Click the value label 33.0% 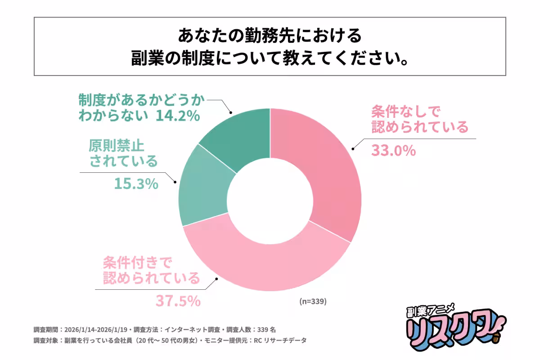pyautogui.click(x=393, y=150)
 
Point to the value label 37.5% pyautogui.click(x=178, y=301)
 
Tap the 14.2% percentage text pyautogui.click(x=177, y=116)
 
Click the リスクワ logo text pyautogui.click(x=450, y=331)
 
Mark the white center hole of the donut pyautogui.click(x=270, y=198)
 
